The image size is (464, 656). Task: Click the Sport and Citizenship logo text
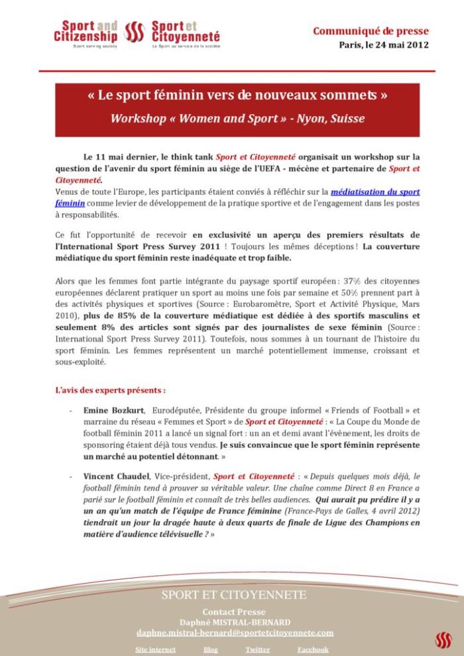tap(86, 31)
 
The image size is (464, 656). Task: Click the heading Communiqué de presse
tap(371, 31)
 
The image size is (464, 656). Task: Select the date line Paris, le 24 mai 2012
tap(383, 45)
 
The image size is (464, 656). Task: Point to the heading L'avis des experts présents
tap(110, 390)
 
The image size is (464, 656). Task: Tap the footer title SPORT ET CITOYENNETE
tap(234, 595)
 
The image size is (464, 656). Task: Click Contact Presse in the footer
tap(234, 612)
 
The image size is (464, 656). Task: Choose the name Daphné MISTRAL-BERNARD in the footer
tap(234, 622)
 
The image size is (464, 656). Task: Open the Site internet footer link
tap(156, 649)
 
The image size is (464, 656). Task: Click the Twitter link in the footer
tap(257, 649)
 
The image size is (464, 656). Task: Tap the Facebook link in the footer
tap(313, 649)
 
